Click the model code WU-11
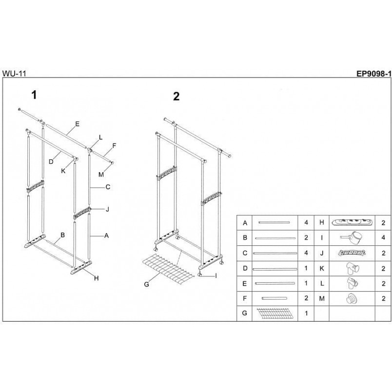pos(14,74)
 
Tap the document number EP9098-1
pos(373,74)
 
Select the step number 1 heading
pos(34,95)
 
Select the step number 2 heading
pos(176,96)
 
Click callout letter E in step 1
pos(77,124)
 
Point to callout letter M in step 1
pos(101,175)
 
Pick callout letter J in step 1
pos(107,209)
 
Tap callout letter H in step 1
pos(97,278)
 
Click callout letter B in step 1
pos(63,235)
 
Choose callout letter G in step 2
pos(146,284)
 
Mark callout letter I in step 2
pos(216,276)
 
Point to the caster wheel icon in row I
pos(351,237)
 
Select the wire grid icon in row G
pos(274,314)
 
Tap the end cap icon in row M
pos(352,298)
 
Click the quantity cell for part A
pos(306,222)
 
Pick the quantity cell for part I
pos(383,237)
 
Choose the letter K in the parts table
pos(322,268)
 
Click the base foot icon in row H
pos(352,222)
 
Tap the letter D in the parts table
pos(245,268)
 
